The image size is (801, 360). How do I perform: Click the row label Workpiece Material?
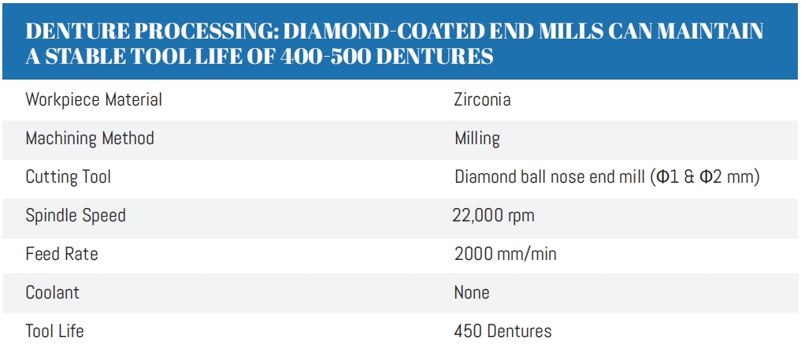pos(94,100)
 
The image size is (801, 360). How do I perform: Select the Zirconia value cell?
pos(482,100)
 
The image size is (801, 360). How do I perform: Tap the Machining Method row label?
pos(90,139)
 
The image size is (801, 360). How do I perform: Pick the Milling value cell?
pos(477,139)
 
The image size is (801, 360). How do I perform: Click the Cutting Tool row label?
pos(69,176)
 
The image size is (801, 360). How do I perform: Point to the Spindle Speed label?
pos(76,215)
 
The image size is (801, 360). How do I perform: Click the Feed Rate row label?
pos(61,254)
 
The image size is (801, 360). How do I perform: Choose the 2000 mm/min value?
pos(506,254)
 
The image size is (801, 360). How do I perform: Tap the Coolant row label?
pos(53,292)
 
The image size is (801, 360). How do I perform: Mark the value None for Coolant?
pos(472,292)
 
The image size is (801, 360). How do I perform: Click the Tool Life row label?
pos(54,331)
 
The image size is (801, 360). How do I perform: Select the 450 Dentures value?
pos(502,331)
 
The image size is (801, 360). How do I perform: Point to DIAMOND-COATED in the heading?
pos(393,32)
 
